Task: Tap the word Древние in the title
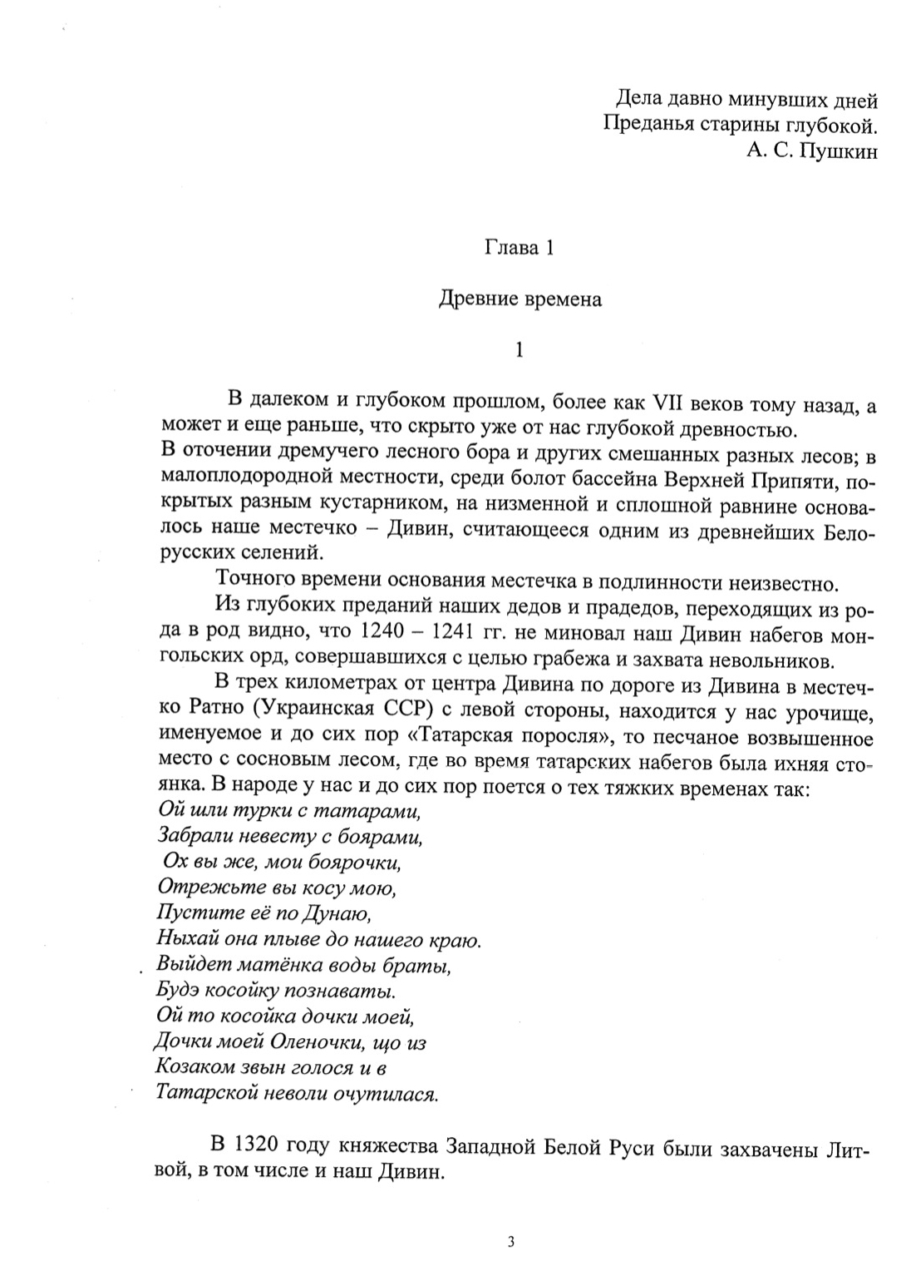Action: click(x=477, y=299)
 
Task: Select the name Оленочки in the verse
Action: click(x=328, y=1041)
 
